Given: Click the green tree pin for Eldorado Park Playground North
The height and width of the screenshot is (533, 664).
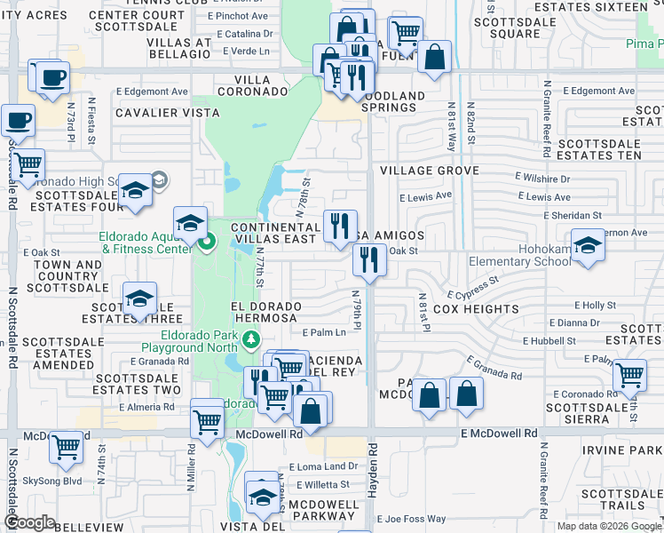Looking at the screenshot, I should point(251,339).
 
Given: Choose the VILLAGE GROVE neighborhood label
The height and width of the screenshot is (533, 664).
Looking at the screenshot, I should point(430,171).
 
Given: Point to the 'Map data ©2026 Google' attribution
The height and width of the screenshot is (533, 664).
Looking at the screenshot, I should point(609,526).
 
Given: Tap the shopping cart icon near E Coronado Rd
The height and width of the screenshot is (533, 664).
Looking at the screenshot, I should point(629,375).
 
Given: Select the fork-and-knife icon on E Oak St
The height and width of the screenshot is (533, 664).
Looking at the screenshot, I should point(368,260).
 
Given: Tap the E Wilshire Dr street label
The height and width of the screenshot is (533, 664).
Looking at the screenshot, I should point(542,178).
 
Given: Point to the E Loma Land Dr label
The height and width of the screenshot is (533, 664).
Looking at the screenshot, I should point(328,466).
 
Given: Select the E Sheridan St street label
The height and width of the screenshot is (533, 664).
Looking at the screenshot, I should point(573,215).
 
